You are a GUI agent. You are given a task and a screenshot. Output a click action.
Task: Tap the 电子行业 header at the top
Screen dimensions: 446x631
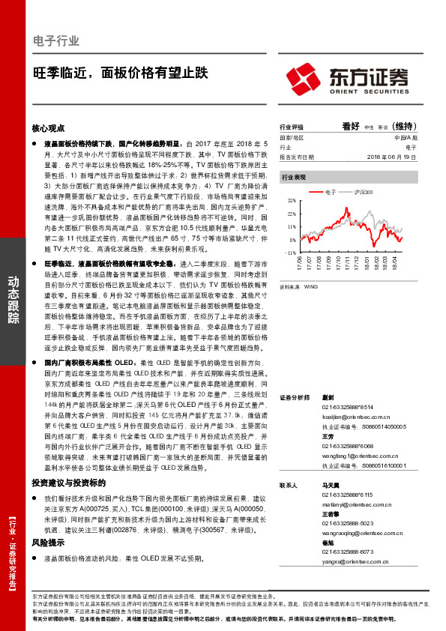57,40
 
